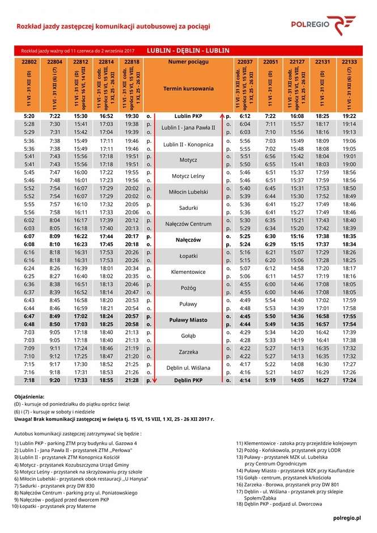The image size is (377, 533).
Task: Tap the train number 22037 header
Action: pos(245,61)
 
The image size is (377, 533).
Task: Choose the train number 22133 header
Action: pos(349,61)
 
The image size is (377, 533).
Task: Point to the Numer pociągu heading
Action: pos(188,61)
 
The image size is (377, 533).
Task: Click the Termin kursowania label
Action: pos(188,89)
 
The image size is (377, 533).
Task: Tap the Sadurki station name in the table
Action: pos(188,208)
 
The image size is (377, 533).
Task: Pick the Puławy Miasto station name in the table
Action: pos(188,320)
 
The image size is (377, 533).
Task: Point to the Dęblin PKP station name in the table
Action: pos(188,380)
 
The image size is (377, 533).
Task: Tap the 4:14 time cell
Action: pos(245,380)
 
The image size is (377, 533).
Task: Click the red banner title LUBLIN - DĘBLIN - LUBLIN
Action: pos(188,50)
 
